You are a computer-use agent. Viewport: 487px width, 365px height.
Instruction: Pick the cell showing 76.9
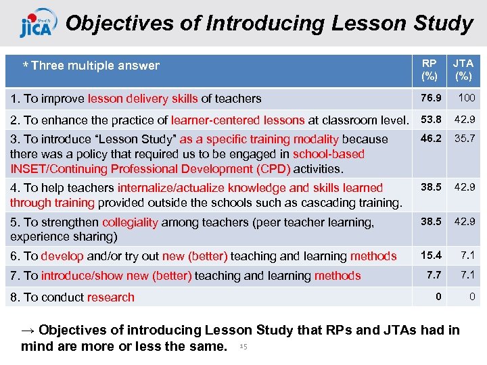tap(431, 98)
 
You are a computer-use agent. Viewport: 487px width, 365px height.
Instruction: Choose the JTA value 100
tap(466, 98)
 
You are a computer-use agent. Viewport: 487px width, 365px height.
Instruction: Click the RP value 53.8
tap(431, 120)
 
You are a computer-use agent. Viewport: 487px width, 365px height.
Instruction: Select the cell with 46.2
tap(431, 139)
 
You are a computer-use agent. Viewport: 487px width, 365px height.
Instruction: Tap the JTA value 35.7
tap(464, 139)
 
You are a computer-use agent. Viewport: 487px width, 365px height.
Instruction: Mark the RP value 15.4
tap(431, 255)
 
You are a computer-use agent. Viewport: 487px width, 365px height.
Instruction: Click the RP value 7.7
tap(434, 274)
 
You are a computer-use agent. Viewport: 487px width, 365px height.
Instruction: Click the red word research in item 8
tap(112, 297)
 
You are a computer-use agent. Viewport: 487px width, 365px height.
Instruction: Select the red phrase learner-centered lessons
tap(237, 120)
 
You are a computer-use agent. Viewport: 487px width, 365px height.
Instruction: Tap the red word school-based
tap(328, 154)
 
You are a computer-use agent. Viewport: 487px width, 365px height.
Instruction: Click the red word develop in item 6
tap(62, 256)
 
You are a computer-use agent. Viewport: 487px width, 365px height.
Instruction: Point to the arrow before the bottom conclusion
tap(28, 331)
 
